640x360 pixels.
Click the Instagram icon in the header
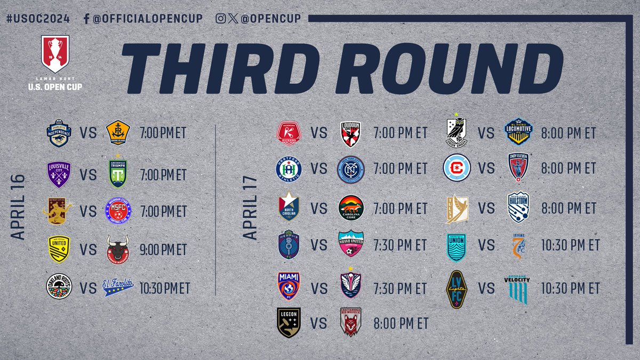coord(220,18)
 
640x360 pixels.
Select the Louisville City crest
coord(59,174)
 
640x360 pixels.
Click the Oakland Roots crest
coord(59,287)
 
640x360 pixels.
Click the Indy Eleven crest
coord(518,167)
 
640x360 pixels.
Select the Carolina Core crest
coord(351,207)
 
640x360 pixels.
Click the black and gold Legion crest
coord(289,322)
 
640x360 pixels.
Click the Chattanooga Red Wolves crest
coord(350,322)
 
